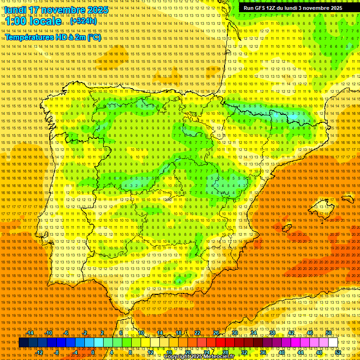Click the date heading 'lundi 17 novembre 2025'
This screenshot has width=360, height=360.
click(x=56, y=10)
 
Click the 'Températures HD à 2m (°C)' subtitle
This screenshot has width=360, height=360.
click(x=52, y=37)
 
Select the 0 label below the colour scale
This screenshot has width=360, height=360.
click(x=93, y=352)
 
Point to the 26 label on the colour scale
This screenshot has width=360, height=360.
click(x=216, y=333)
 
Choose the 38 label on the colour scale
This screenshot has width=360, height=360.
click(x=272, y=333)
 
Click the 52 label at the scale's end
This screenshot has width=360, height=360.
click(x=338, y=352)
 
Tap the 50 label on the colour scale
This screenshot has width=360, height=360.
click(x=329, y=333)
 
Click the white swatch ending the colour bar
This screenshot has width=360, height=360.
click(x=333, y=343)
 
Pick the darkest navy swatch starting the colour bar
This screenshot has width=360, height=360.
click(x=23, y=343)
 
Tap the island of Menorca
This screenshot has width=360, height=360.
click(x=347, y=199)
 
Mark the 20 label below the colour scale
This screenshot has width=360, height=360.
click(x=187, y=352)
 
